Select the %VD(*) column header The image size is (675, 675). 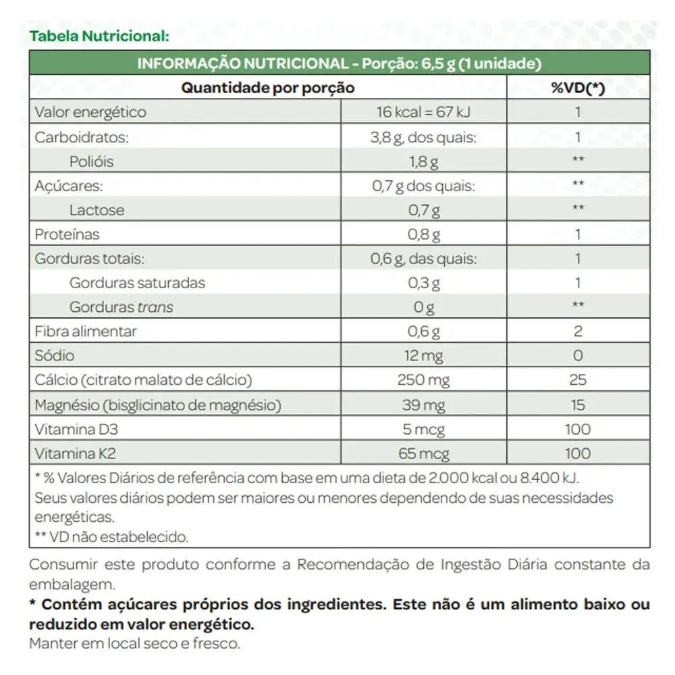[578, 88]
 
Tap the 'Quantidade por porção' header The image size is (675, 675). [268, 88]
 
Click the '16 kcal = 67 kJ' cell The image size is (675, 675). [424, 112]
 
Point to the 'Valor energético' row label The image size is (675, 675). [90, 112]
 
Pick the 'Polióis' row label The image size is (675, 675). [91, 161]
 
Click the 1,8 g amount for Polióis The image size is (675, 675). [424, 161]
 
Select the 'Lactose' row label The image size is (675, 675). [97, 210]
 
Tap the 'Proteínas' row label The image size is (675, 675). [67, 234]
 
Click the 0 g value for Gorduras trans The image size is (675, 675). [424, 307]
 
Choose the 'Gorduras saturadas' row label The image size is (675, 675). [137, 283]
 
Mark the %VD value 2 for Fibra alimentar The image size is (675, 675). [578, 331]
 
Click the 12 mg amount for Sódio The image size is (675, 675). [424, 356]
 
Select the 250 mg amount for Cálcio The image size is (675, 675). [424, 380]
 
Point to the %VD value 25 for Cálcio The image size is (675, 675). [578, 380]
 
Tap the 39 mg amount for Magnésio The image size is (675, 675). [424, 405]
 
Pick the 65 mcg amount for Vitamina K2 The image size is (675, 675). [424, 454]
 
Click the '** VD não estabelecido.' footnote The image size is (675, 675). [111, 537]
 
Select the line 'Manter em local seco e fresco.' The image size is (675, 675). [134, 643]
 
